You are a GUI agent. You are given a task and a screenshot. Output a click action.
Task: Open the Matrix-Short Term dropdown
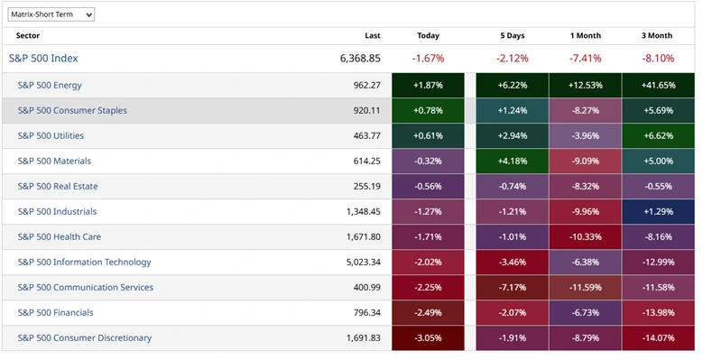point(51,14)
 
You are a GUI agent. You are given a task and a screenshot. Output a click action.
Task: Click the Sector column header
point(28,36)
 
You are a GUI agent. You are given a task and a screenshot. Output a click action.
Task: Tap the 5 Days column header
point(512,36)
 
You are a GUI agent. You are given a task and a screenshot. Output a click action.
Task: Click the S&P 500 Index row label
point(43,59)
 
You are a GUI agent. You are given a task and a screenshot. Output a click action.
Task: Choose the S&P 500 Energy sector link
point(50,86)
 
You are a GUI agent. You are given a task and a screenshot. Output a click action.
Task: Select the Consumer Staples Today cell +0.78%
point(428,111)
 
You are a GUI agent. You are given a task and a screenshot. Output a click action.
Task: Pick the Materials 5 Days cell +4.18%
point(512,162)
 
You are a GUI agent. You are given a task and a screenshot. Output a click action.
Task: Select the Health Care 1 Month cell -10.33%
point(586,237)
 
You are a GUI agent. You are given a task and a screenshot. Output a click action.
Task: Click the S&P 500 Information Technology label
point(84,263)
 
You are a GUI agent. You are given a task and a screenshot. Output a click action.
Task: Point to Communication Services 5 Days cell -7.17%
point(512,288)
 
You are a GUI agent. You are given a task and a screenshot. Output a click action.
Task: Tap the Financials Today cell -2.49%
point(428,313)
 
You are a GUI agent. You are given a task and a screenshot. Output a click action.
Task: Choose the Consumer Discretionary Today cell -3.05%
point(428,338)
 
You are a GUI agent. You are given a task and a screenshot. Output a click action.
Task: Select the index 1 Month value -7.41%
point(586,59)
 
